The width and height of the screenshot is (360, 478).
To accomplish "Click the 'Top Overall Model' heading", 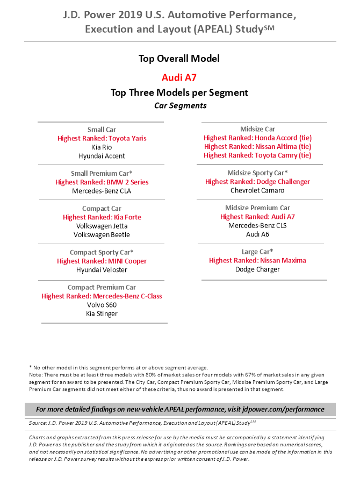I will point(179,59).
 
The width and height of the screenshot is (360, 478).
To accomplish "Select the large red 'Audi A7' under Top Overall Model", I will point(179,77).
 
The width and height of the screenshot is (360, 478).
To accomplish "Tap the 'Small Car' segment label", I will point(102,130).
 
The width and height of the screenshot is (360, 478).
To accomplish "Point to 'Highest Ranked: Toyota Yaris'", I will point(102,138).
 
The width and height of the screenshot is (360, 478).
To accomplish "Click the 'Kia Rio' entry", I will point(102,147).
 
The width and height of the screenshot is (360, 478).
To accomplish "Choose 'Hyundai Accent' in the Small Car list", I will point(102,156).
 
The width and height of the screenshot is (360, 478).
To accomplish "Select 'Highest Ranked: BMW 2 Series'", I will point(102,182).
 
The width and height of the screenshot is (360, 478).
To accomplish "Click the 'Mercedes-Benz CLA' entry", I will point(102,191).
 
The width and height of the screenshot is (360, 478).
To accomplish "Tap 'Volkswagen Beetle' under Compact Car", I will point(102,235).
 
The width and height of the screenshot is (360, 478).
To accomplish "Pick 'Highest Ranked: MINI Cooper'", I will point(102,261).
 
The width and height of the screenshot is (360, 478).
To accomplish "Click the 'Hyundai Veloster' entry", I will point(102,270).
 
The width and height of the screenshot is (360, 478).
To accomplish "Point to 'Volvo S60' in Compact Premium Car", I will point(102,305).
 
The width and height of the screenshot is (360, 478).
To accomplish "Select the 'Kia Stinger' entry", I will point(102,313).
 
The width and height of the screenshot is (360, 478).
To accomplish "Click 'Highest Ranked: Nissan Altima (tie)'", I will point(257,146).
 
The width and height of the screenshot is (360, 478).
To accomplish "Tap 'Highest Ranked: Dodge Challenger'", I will point(257,182).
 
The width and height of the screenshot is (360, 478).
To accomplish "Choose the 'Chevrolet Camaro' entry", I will point(257,190).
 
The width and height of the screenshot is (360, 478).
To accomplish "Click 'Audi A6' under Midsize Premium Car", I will point(257,234).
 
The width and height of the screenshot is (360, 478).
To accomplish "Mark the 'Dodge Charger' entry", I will point(257,269).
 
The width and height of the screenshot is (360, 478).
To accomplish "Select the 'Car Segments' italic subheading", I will point(180,105).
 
